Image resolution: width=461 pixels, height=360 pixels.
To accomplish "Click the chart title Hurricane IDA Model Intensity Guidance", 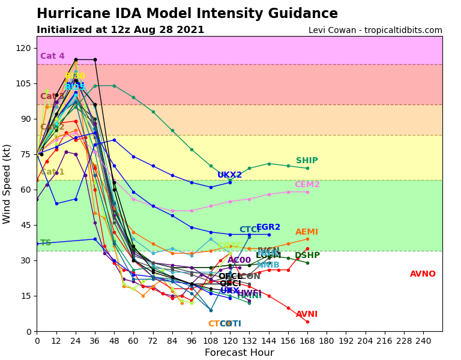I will [x=187, y=14].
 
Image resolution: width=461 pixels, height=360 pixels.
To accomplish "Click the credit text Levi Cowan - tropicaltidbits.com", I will [x=375, y=31].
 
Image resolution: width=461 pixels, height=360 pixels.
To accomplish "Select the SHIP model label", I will [x=307, y=161].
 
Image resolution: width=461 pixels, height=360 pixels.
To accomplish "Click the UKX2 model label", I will [x=230, y=175].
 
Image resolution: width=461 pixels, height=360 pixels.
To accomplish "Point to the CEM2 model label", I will [x=307, y=185].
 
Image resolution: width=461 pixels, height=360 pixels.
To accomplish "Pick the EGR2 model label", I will [x=268, y=227].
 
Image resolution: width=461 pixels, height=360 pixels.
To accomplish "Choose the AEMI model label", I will [x=307, y=232].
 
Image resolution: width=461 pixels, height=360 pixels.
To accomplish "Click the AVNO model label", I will [x=423, y=274].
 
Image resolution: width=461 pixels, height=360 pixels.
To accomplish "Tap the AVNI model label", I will [x=307, y=314].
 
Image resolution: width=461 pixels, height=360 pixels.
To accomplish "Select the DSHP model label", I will [x=307, y=256].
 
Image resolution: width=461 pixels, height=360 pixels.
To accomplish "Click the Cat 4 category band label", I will [x=52, y=56].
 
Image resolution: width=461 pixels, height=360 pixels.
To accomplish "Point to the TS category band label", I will [x=46, y=243].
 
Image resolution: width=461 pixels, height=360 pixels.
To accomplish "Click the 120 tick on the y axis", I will [x=23, y=48].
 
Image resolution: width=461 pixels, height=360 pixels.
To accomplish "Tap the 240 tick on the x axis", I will [x=423, y=341].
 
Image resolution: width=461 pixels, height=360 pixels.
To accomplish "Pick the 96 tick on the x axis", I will [x=191, y=341].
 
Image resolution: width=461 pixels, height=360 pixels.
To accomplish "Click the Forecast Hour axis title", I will [x=240, y=353].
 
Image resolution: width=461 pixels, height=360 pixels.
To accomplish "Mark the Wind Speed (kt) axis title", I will [x=7, y=184].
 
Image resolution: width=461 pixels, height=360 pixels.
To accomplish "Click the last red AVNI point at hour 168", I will [x=307, y=322].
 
